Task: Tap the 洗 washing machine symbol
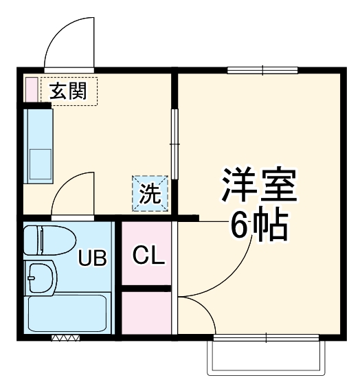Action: coord(149,192)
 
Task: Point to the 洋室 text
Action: coord(258,184)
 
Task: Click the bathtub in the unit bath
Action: coord(67,313)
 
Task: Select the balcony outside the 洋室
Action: coord(265,357)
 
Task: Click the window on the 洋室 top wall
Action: coord(262,69)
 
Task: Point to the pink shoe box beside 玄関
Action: coord(30,88)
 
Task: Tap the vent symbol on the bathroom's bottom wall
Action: coord(66,337)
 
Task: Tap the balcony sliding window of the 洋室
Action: coord(265,337)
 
